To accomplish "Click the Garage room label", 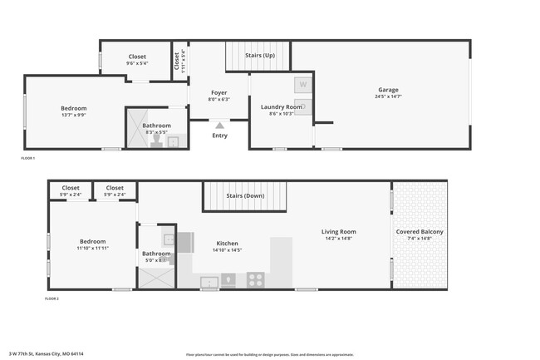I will pos(388,90).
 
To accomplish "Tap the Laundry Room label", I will pos(282,106).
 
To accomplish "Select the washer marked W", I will pos(302,84).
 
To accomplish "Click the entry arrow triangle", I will pos(219,125).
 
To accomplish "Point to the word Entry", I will pos(219,136).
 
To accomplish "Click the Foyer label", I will pos(218,92).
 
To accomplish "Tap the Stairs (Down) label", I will pos(245,196).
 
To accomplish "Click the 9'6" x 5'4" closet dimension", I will pos(137,63).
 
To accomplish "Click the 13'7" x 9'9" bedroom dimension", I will pos(73,115).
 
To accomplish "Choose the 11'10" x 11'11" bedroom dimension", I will pos(93,248).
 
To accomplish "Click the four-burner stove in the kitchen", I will pos(256,280).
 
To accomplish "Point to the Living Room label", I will pos(339,232).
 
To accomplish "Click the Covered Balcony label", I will pos(420,232).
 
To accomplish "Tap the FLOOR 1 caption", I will pos(28,158).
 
